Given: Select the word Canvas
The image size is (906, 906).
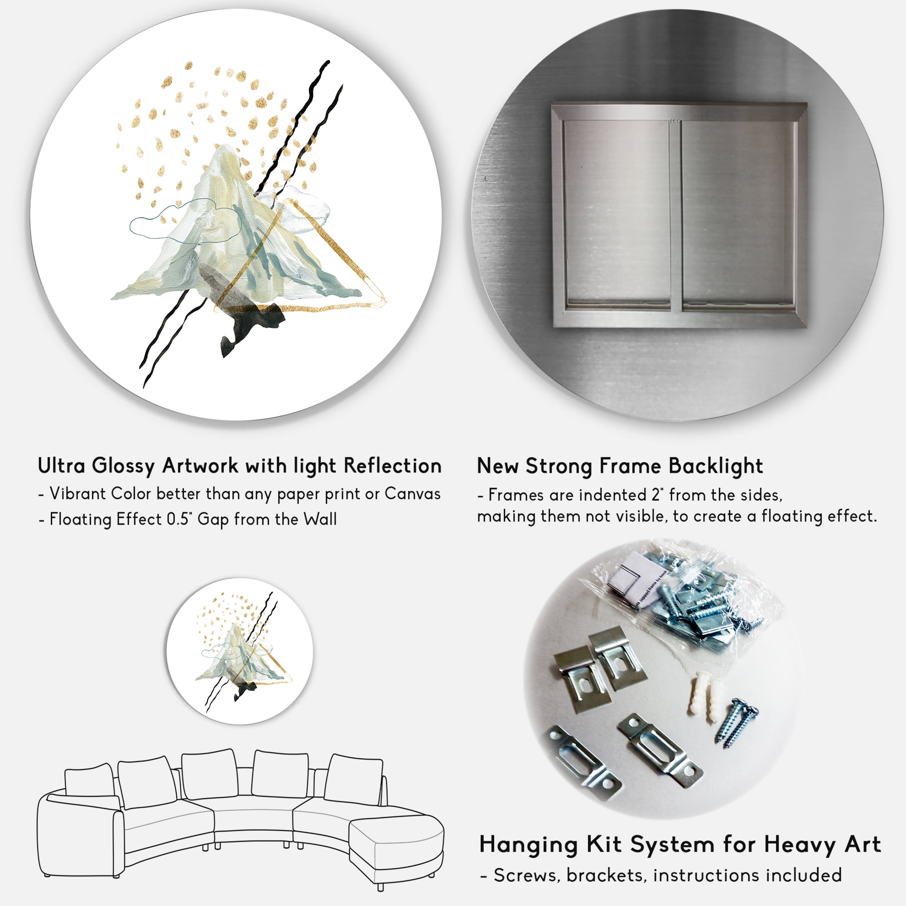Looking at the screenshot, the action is (x=413, y=494).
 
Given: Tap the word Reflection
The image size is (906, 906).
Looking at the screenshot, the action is (x=393, y=466).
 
